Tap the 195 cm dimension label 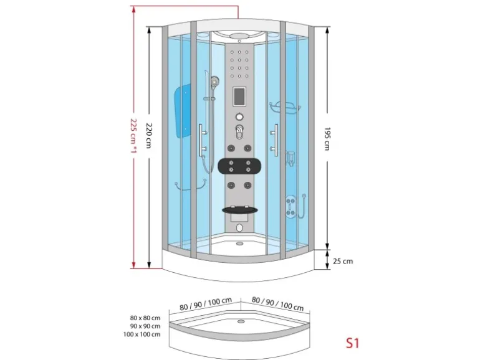tap(327, 138)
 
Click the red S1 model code tap(353, 342)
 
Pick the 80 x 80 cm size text tap(143, 318)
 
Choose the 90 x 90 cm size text tap(143, 326)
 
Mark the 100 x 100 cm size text tap(142, 334)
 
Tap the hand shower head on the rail tap(215, 82)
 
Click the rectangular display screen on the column tap(239, 98)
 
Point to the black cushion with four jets tap(239, 167)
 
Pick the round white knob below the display tap(239, 116)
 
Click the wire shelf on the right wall tap(284, 108)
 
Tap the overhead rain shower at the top tap(239, 36)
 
